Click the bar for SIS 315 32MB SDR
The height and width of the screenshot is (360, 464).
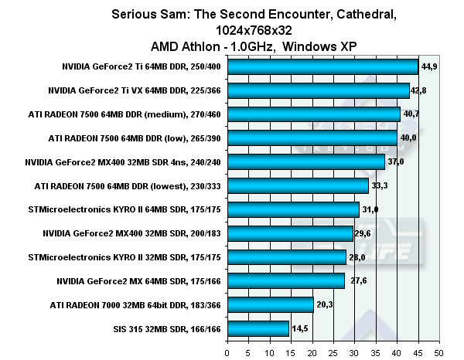tap(258, 328)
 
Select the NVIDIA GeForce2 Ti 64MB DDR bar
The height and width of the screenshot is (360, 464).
tap(322, 67)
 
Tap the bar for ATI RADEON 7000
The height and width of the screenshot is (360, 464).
tap(270, 304)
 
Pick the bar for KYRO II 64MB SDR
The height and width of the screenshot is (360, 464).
tap(292, 209)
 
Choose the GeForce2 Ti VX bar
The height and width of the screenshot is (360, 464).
tap(318, 90)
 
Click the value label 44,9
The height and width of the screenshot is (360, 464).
tap(431, 67)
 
